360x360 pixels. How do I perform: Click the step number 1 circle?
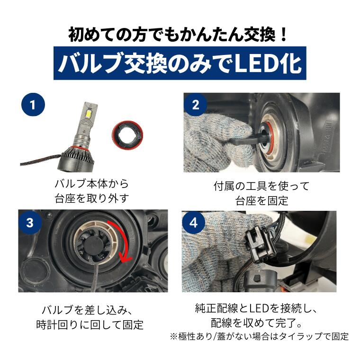click(33, 105)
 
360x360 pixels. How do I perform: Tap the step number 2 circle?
click(195, 105)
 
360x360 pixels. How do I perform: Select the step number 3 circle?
click(30, 223)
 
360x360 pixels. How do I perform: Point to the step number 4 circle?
click(194, 223)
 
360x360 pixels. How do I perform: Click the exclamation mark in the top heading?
click(283, 35)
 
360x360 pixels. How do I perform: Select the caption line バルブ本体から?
click(92, 184)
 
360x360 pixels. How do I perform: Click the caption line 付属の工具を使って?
click(261, 186)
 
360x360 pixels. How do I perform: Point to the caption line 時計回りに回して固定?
click(90, 324)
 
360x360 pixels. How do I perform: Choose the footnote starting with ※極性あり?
click(259, 337)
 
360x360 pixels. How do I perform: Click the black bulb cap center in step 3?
click(94, 246)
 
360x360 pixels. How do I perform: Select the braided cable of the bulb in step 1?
click(40, 160)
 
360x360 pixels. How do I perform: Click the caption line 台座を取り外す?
click(92, 198)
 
